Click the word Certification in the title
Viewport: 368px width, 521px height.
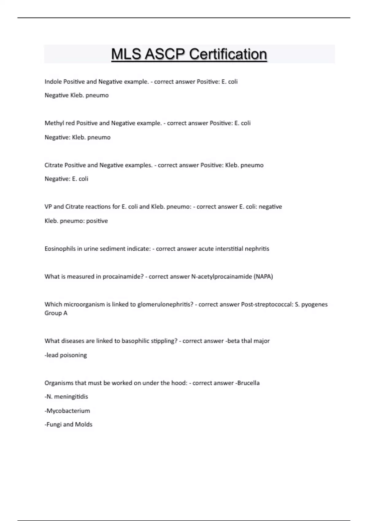tap(228, 54)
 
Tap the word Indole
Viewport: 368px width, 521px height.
tap(53, 82)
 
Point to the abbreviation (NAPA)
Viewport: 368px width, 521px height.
tap(263, 276)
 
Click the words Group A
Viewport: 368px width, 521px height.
tap(56, 313)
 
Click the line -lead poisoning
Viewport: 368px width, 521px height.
tap(66, 355)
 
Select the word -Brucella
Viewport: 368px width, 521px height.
tap(247, 383)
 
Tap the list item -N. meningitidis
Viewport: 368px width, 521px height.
tap(66, 397)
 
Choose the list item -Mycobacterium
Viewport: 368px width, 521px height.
tap(67, 411)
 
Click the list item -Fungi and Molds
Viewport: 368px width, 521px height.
tap(68, 424)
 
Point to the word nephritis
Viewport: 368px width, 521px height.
tap(257, 249)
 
